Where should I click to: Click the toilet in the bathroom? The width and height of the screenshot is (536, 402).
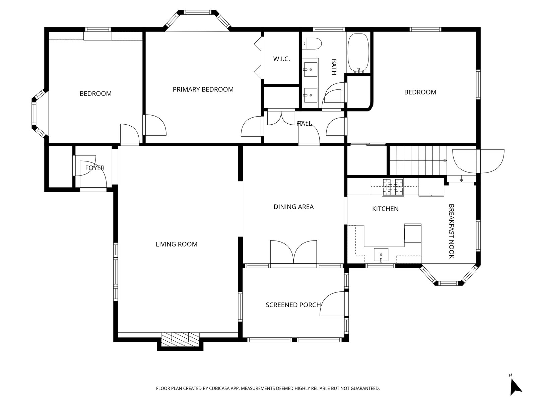312,44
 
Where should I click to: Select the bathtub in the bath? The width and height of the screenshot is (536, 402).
358,53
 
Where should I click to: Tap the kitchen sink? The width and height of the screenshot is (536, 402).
381,255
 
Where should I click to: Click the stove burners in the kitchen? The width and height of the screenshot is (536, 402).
393,188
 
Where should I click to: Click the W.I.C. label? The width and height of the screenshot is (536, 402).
281,59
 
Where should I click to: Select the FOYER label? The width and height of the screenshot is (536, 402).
95,168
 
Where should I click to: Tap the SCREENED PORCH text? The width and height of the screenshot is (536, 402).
293,305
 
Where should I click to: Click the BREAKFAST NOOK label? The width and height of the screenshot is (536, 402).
451,231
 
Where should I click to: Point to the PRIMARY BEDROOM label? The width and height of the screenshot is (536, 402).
203,89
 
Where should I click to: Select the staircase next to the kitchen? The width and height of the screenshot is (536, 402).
418,160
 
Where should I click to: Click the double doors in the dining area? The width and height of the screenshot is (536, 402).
293,252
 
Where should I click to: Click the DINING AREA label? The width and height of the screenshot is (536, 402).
293,207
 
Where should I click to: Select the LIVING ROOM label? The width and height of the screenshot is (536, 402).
177,244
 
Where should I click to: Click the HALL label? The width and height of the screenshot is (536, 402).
304,124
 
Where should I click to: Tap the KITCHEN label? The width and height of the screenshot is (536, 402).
385,209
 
